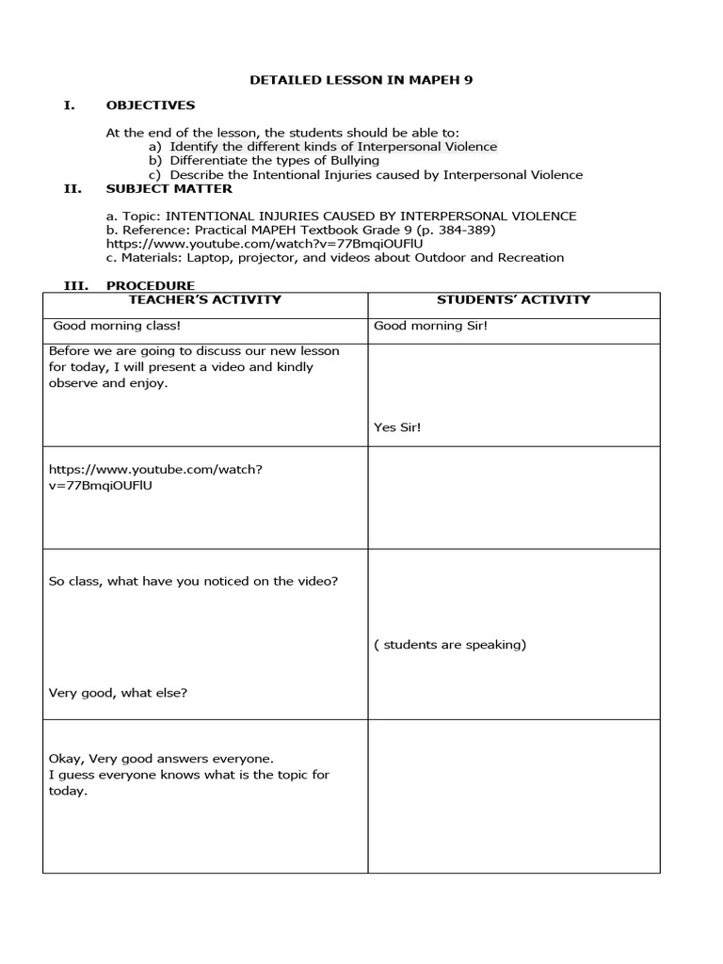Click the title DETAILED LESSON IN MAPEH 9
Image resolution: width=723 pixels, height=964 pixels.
361,80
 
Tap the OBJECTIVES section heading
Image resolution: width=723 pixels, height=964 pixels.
151,105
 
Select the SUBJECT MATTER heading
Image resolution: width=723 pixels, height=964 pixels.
169,188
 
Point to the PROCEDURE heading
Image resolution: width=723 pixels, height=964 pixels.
151,285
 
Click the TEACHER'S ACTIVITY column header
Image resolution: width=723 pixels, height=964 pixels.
204,299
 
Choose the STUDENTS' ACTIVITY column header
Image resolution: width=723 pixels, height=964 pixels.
513,299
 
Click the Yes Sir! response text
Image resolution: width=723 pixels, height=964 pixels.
397,427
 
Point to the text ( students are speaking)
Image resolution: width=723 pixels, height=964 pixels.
450,645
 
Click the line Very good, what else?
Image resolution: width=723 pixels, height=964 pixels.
118,693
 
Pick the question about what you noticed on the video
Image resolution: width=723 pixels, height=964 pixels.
193,581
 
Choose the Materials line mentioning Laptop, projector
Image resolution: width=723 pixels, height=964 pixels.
335,257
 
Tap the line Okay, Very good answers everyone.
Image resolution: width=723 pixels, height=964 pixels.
161,758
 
